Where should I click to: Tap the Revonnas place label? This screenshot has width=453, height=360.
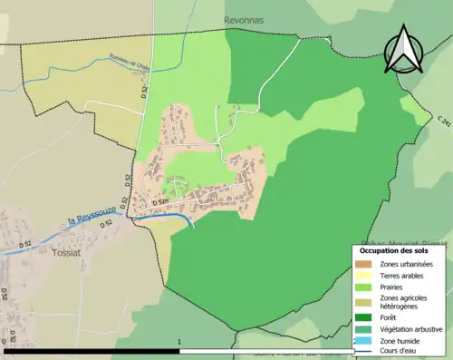coord(243,19)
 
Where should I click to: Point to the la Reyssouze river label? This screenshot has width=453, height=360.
coord(94,219)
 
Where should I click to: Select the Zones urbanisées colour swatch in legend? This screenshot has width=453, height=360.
coord(364,262)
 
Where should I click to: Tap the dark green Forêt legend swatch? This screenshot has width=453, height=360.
coord(364,317)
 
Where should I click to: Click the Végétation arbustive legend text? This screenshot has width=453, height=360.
coord(411,328)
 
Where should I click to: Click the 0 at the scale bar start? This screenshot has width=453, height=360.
coord(5,343)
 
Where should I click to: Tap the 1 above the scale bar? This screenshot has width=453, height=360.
coord(180,343)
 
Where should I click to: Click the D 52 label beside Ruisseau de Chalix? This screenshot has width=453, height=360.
coord(143,91)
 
